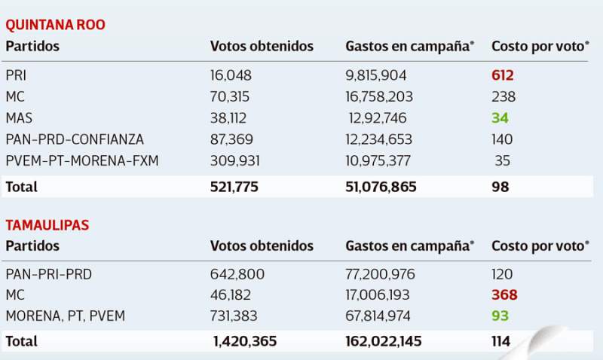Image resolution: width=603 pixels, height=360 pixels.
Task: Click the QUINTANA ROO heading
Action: pos(55,24)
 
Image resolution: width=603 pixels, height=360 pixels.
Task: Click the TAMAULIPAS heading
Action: pos(47,224)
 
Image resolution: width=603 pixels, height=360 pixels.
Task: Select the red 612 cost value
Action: pos(503,75)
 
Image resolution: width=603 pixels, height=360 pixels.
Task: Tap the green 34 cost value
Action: pos(499,117)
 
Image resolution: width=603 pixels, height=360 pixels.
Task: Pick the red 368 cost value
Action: pos(504,295)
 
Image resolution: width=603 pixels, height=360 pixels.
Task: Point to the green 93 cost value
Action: pos(500,316)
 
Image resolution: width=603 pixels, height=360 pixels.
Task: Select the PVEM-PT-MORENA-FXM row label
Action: pos(82,160)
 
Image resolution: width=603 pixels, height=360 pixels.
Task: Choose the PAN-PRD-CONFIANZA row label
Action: pos(75,139)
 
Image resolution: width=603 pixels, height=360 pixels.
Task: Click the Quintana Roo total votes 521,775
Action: pos(234,187)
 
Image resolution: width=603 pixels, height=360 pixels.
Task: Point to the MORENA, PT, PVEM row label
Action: pos(66,316)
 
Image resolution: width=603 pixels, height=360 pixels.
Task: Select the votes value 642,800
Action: pos(237,274)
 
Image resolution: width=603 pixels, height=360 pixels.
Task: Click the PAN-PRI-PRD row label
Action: pos(48,274)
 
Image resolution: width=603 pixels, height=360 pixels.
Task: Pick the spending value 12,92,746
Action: pos(378,117)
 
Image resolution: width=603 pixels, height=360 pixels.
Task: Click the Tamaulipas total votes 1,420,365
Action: pos(245,341)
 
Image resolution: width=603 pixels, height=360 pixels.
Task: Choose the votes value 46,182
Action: pos(231,295)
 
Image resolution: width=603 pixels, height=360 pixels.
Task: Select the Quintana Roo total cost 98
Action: pos(500,187)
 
